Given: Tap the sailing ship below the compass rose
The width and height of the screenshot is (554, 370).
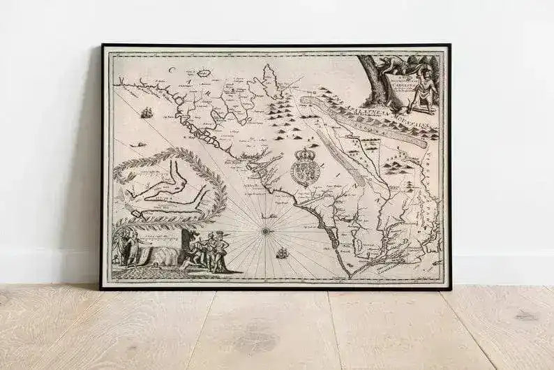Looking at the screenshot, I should click(281, 253).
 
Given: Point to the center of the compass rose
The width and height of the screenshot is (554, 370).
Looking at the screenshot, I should click(265, 229).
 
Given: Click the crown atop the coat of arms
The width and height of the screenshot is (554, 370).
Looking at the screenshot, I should click(304, 153).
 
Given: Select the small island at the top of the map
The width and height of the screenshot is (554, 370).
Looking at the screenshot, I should click(204, 72).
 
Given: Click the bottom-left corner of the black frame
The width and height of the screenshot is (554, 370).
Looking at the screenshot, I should click(102, 288).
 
